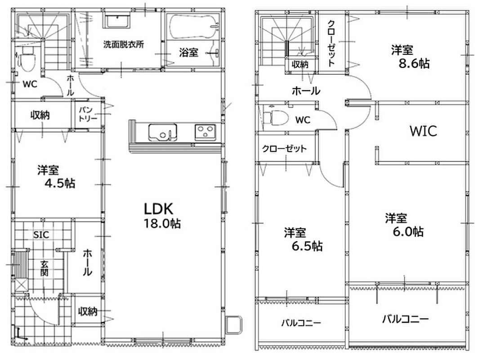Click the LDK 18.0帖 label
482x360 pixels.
tap(162, 216)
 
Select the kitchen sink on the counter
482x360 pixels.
tap(163, 133)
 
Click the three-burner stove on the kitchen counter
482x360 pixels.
tap(205, 132)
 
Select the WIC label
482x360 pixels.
tap(423, 131)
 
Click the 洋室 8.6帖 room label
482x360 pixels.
tap(410, 57)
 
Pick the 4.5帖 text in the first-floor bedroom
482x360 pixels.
tap(60, 184)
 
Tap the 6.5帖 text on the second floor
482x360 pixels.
tap(307, 246)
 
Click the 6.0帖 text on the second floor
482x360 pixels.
tap(408, 232)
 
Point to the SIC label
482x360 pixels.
tap(41, 235)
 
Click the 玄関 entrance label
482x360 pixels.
tap(44, 268)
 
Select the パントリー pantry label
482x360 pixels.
tap(88, 114)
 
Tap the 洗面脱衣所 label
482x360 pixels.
tap(123, 44)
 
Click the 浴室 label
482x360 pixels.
tap(188, 52)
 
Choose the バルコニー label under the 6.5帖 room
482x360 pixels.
tap(301, 323)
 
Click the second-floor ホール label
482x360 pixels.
tap(306, 91)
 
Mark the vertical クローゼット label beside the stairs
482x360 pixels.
tap(331, 43)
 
